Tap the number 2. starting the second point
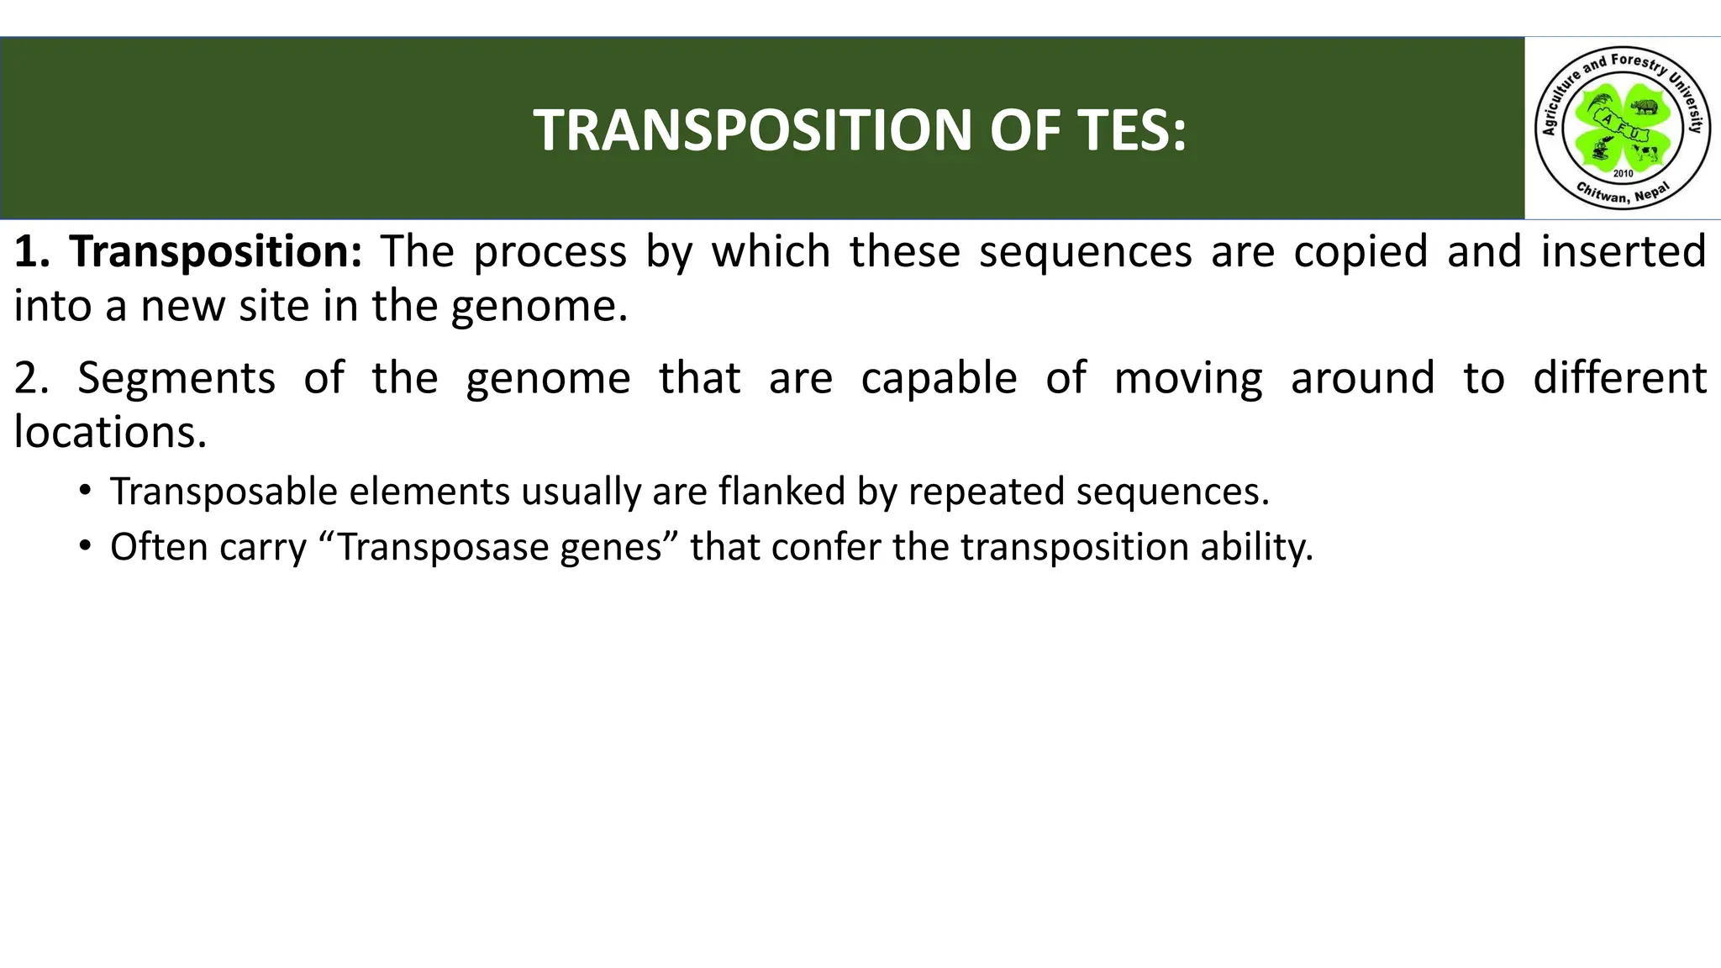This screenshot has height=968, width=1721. pos(32,378)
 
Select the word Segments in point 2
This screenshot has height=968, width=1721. pos(176,378)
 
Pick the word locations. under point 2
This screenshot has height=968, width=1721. pos(110,433)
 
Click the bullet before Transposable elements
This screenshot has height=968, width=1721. pos(85,490)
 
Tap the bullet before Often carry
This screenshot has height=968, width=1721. pos(85,546)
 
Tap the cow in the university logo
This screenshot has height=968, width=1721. pos(1645,153)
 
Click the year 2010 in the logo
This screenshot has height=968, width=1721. pos(1623,173)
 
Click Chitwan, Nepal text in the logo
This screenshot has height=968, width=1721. pos(1622,195)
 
